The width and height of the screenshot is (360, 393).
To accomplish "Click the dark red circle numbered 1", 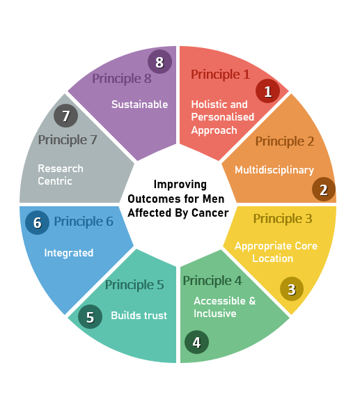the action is click(267, 91).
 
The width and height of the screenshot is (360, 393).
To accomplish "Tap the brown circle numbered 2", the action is click(324, 190).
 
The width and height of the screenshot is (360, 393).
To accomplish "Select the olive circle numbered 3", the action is click(292, 288).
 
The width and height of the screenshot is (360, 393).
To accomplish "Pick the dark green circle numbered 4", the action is click(196, 342).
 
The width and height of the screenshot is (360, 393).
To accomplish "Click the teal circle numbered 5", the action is click(90, 316).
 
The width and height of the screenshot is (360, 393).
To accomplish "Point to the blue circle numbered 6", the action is click(38, 222).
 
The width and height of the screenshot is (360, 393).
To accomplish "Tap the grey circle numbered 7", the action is click(66, 116).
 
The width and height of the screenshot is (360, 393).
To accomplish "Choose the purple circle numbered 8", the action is click(159, 61).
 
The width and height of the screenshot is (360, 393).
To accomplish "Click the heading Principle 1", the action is click(221, 75).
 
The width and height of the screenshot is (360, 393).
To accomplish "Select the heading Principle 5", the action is click(134, 285).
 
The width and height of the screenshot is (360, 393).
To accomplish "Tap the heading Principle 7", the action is click(68, 140).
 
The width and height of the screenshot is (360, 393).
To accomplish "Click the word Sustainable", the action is click(139, 105).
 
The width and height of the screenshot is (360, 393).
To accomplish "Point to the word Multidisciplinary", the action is click(274, 170).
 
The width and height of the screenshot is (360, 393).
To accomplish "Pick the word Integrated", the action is click(69, 253).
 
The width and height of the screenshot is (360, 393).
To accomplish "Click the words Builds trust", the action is click(139, 316).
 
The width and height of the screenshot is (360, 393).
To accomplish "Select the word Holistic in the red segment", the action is click(208, 105).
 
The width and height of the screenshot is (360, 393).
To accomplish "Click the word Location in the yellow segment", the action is click(272, 259).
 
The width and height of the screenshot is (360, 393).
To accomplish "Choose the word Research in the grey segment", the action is click(61, 169).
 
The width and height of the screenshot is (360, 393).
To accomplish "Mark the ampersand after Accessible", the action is click(252, 301).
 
